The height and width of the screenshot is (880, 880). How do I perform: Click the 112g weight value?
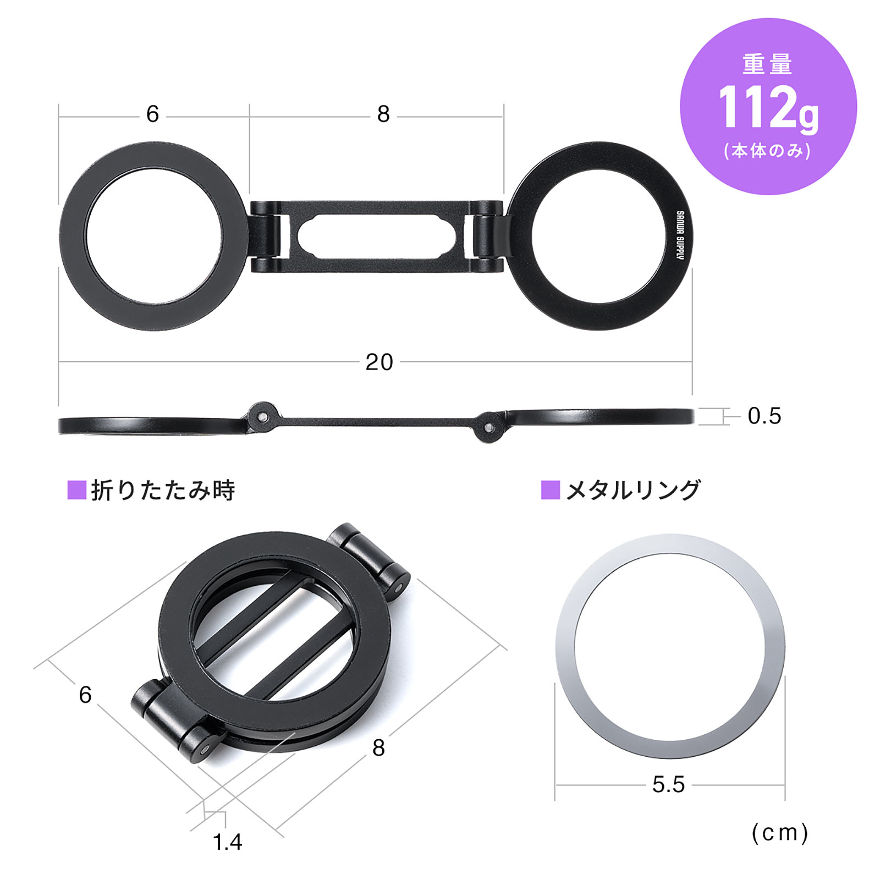click(768, 108)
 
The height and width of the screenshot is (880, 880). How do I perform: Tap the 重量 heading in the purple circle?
click(767, 64)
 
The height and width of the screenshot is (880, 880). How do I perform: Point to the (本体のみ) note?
click(767, 150)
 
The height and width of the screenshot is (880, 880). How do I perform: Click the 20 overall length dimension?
click(379, 362)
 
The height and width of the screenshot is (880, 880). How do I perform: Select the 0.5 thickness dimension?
click(764, 416)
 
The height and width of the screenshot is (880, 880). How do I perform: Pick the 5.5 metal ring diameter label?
click(668, 784)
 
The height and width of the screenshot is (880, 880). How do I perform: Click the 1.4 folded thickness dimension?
click(227, 842)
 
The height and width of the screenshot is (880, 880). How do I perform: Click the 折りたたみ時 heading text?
click(163, 490)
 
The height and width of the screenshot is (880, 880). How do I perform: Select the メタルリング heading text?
click(633, 490)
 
